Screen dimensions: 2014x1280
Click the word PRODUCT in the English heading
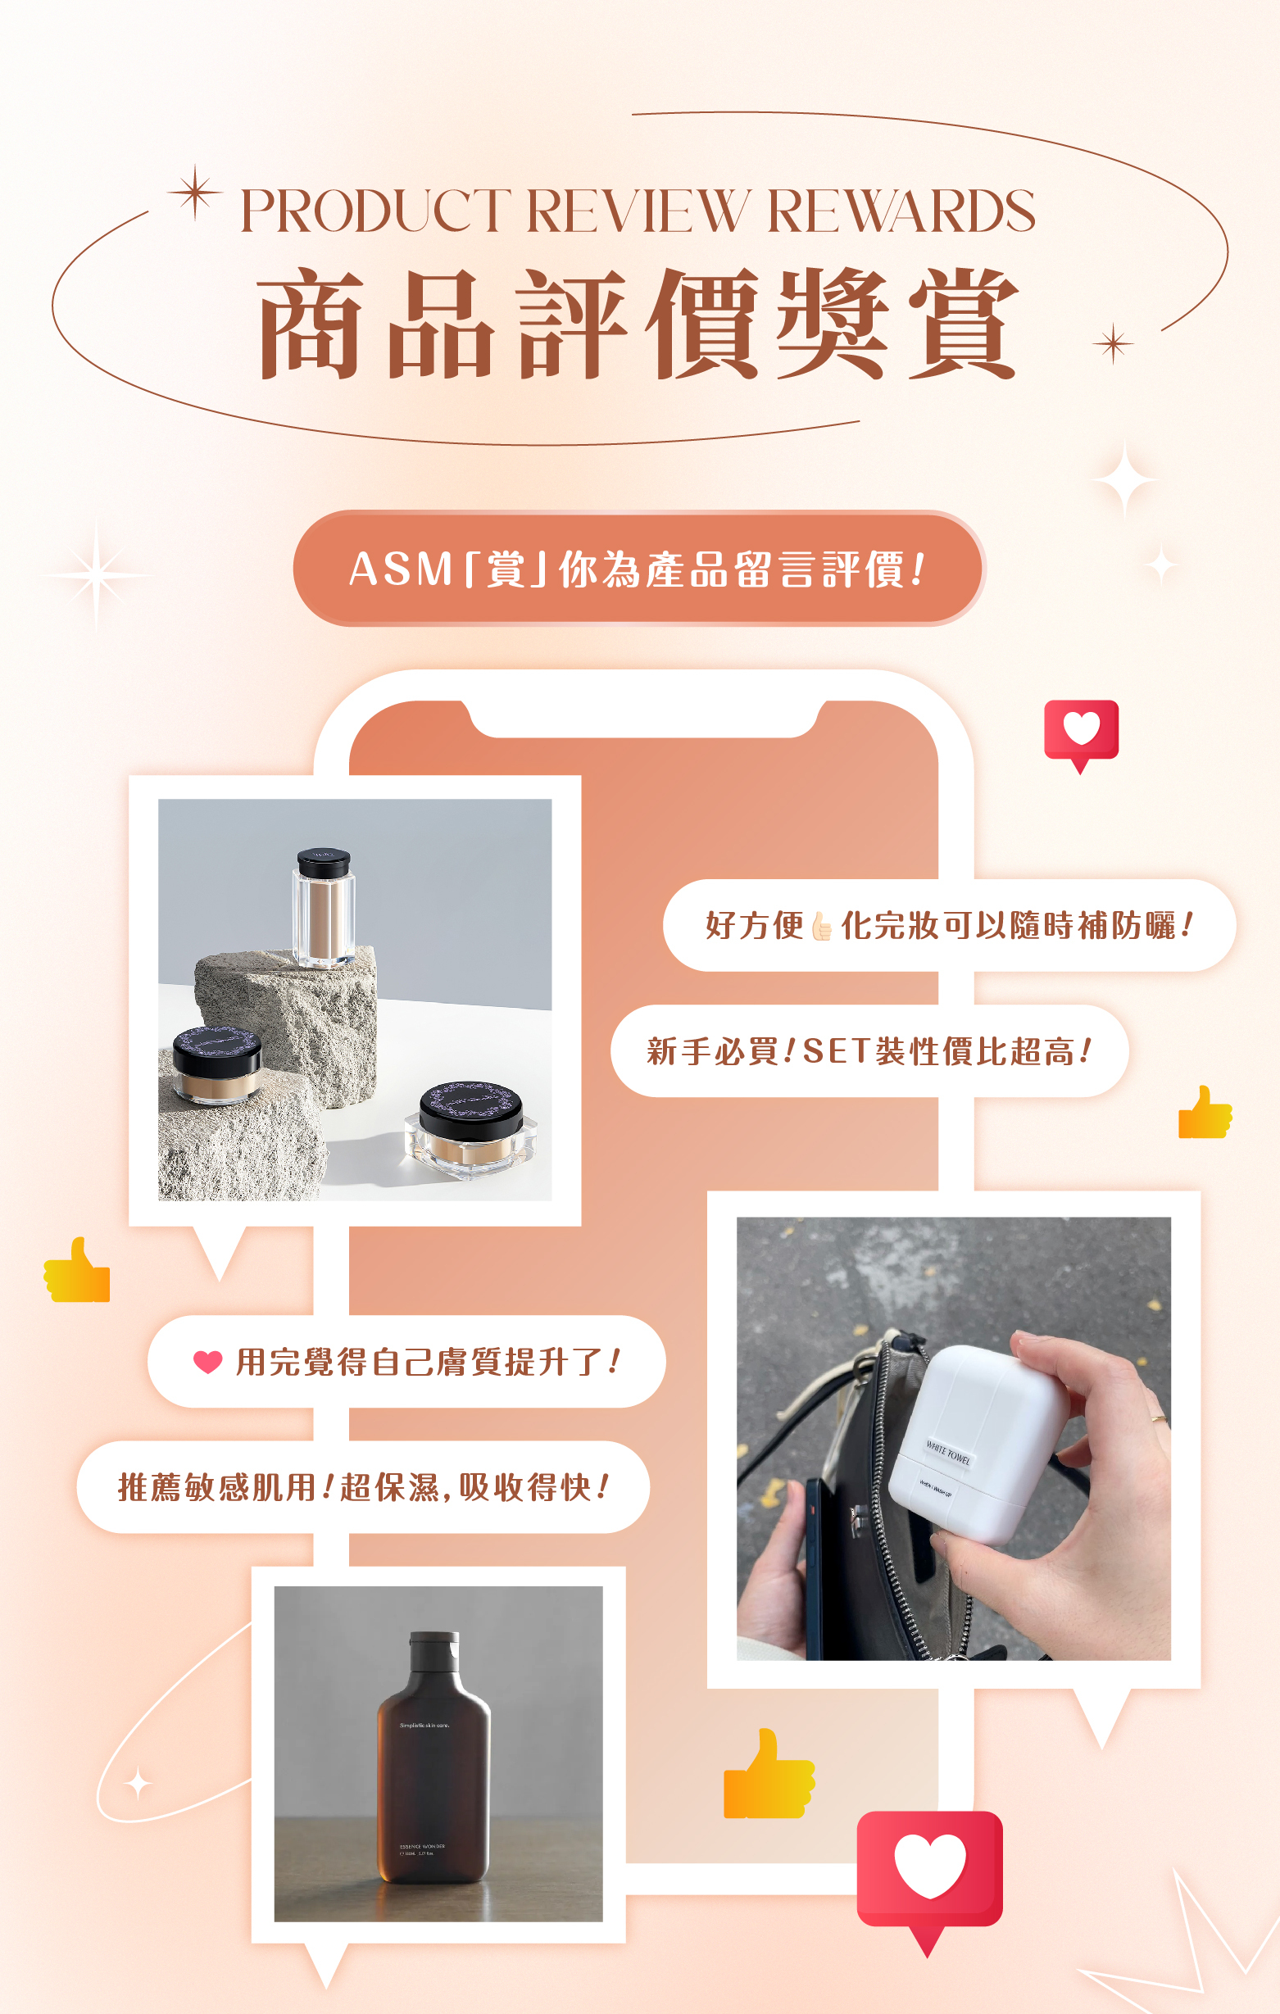click(374, 211)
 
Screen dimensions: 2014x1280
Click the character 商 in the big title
click(311, 324)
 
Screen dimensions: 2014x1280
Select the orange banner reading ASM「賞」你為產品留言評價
click(638, 569)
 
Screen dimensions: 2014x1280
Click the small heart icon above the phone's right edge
click(1081, 730)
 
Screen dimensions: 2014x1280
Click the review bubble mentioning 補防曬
click(949, 925)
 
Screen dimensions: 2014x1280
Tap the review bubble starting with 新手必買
click(869, 1050)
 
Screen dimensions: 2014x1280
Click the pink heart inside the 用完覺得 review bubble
click(207, 1362)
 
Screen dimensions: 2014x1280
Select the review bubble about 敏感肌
click(363, 1487)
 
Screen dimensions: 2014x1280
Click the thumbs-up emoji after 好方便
click(822, 926)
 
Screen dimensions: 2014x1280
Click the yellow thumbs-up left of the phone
click(77, 1272)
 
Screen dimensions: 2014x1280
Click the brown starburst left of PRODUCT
click(195, 193)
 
